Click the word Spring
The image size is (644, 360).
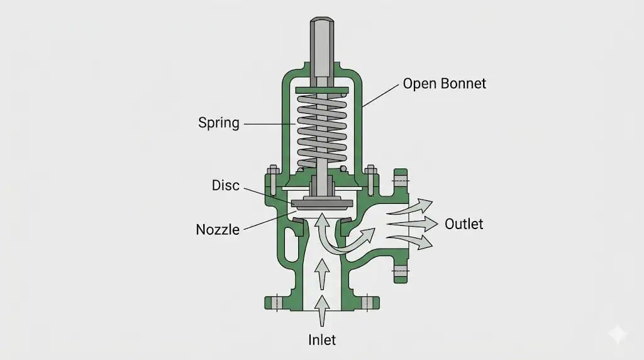click(x=218, y=123)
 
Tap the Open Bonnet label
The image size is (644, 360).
click(x=445, y=84)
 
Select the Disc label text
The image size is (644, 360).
click(x=226, y=185)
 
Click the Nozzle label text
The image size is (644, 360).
click(x=218, y=229)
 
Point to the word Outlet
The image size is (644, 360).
click(x=464, y=224)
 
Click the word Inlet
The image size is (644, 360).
click(x=322, y=340)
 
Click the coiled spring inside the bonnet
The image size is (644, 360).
click(x=322, y=128)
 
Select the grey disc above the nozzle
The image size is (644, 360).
click(x=322, y=203)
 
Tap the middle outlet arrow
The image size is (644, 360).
click(x=413, y=224)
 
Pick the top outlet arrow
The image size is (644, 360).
click(x=411, y=206)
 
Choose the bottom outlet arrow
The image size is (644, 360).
click(x=411, y=242)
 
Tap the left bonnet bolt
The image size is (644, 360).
click(x=273, y=179)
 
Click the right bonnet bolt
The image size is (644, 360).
click(x=370, y=179)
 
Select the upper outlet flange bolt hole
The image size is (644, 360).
click(x=401, y=181)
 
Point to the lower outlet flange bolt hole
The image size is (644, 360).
click(x=401, y=271)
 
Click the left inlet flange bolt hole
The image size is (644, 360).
click(x=277, y=303)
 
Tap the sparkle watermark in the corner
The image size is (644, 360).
click(x=618, y=334)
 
